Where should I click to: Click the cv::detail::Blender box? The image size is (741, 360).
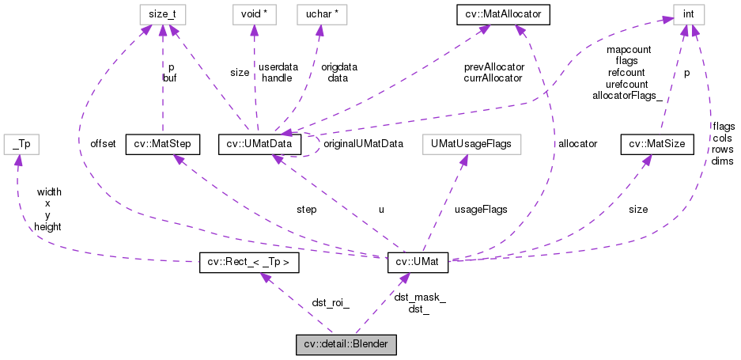[346, 344]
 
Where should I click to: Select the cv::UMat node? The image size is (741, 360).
[418, 263]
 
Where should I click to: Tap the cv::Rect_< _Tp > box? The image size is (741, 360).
[248, 263]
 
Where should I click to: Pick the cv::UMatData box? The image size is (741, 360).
[260, 144]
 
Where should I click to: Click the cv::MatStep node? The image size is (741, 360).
[162, 144]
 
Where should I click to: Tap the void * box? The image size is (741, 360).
[252, 13]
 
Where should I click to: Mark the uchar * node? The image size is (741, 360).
[319, 13]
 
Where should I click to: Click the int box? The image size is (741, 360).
[688, 13]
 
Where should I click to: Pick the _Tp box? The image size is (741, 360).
[21, 144]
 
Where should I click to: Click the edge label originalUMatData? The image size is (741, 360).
[363, 144]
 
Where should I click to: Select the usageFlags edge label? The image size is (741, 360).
[482, 209]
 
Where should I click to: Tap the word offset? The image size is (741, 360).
[103, 144]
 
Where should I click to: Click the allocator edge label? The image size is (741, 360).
[577, 144]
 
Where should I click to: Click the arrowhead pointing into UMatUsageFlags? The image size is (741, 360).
[464, 158]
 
